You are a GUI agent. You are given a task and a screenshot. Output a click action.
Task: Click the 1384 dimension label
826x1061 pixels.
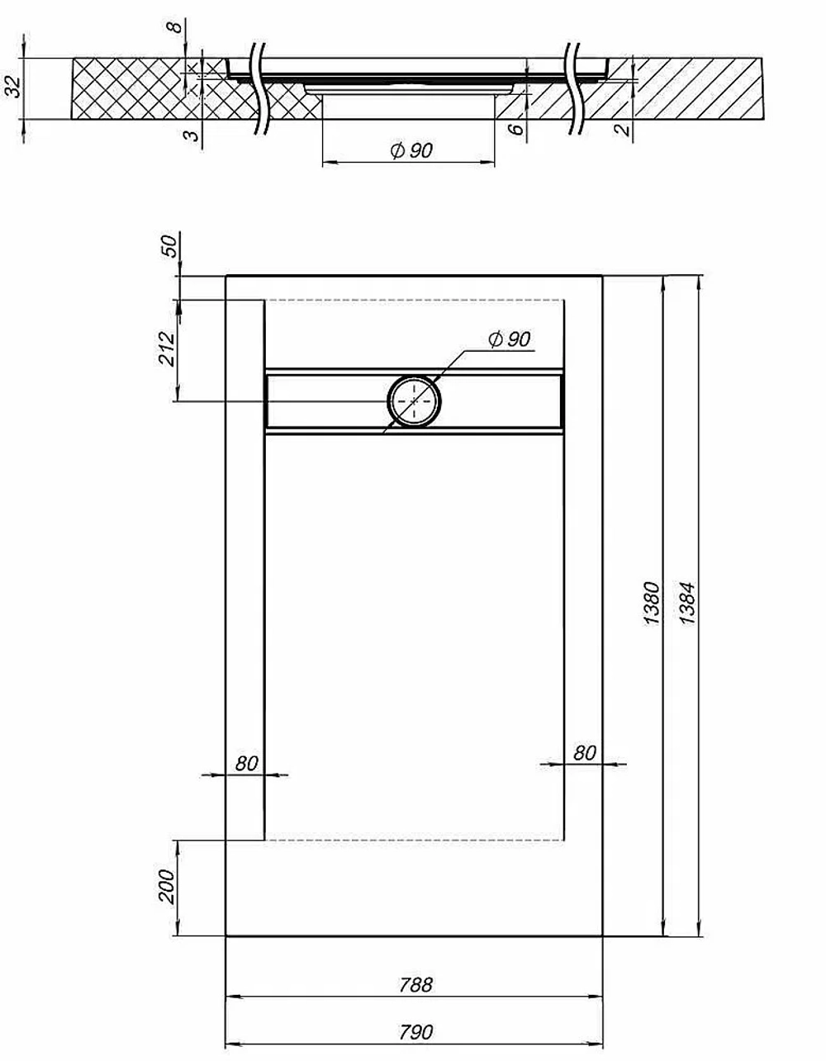686,603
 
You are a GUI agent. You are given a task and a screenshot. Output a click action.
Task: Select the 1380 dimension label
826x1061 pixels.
652,603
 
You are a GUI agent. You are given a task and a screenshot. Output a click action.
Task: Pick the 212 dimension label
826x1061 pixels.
167,348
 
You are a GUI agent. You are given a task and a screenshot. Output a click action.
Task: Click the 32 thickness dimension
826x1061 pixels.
14,87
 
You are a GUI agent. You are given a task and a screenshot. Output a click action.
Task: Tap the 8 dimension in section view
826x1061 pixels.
175,26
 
